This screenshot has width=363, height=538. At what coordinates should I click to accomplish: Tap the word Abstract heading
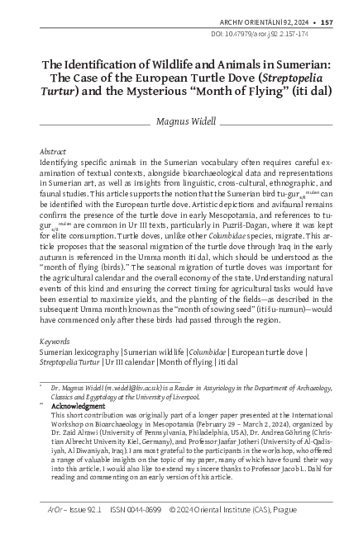tap(54, 152)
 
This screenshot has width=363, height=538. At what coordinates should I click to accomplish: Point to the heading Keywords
tap(55, 340)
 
